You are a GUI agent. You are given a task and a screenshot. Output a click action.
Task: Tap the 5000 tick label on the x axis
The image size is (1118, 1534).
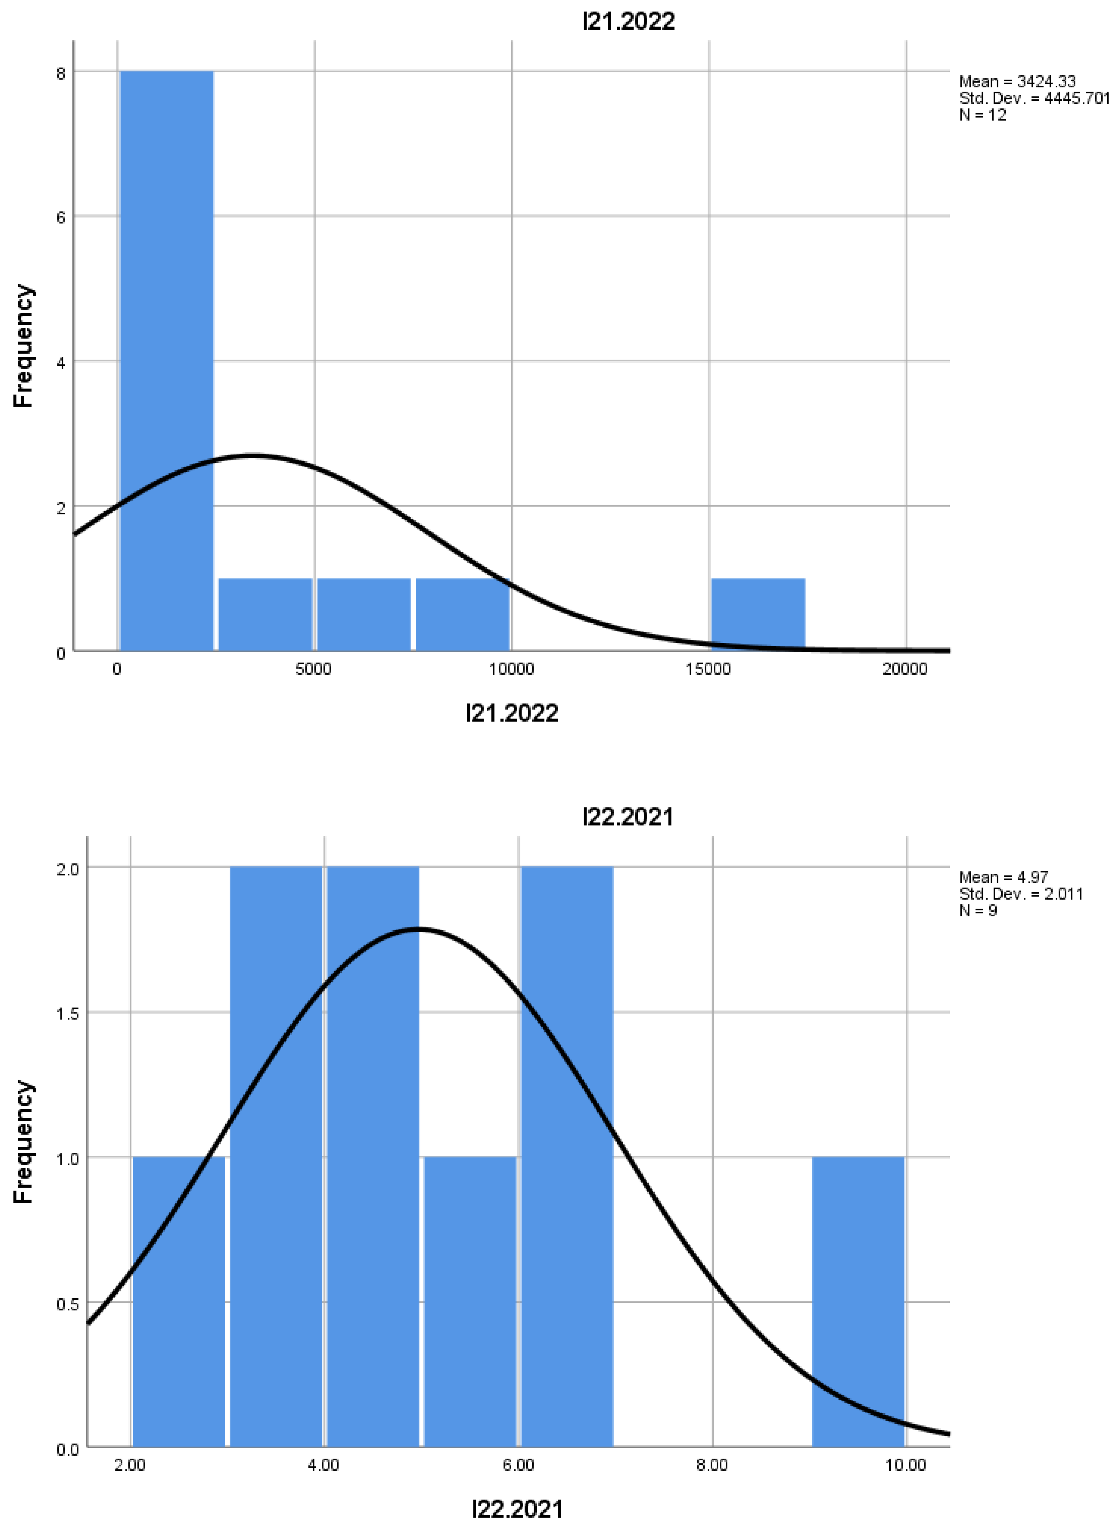[x=313, y=669]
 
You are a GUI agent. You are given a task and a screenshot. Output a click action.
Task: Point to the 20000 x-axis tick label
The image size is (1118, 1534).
[x=905, y=669]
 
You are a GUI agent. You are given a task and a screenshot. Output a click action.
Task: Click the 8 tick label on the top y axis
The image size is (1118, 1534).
[x=61, y=73]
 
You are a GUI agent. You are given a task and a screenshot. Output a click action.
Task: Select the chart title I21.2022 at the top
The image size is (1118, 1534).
[x=628, y=22]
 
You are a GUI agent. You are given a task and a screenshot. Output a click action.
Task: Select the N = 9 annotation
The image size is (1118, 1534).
[x=978, y=911]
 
